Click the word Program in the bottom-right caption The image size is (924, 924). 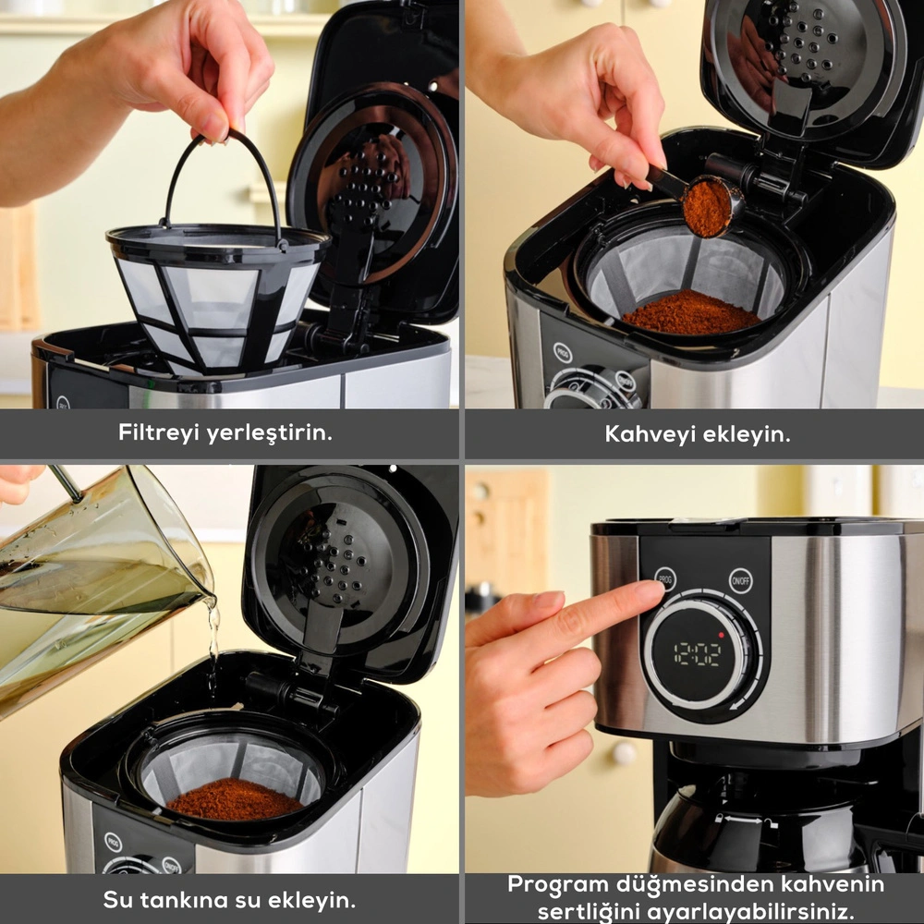(557, 886)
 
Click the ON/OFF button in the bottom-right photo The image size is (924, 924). (740, 581)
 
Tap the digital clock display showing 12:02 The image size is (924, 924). (697, 653)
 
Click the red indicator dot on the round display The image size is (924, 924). (722, 636)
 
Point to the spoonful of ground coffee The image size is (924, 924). (707, 208)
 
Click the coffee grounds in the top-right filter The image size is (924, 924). (691, 312)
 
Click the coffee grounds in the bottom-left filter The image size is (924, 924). (235, 799)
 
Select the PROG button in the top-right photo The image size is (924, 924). (562, 353)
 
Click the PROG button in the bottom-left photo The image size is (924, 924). (113, 842)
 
